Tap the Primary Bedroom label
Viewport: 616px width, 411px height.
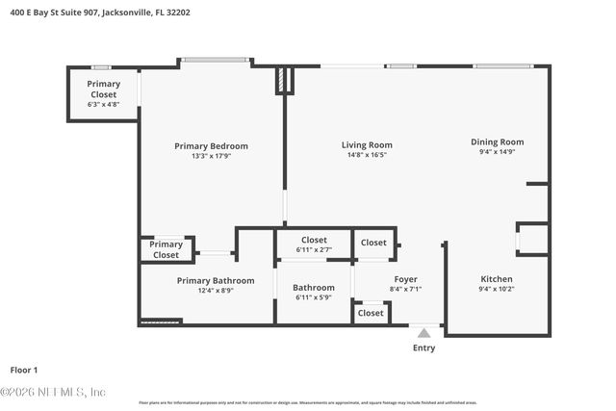(x=211, y=146)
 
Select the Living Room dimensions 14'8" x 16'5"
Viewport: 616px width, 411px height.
(x=367, y=155)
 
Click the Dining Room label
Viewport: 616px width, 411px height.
(x=498, y=142)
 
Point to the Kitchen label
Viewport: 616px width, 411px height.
(x=498, y=280)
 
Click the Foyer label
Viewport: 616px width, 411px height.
(x=405, y=280)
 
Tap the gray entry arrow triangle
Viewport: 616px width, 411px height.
(x=423, y=333)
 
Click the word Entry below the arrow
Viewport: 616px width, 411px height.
(x=423, y=348)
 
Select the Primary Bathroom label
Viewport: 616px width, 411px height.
(x=216, y=281)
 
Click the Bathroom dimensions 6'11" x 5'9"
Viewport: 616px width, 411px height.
(x=314, y=297)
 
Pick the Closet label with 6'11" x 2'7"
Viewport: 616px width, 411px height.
(x=314, y=241)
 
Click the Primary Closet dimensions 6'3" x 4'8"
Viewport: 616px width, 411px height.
(x=103, y=105)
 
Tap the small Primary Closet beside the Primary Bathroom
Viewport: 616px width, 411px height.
(x=166, y=250)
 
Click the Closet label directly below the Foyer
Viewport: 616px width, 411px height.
(x=371, y=313)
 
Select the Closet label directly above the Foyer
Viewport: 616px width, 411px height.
(x=373, y=243)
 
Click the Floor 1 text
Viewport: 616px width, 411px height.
(x=24, y=370)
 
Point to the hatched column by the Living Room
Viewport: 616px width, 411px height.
(x=281, y=80)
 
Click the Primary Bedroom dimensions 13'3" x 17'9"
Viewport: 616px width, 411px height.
(x=211, y=156)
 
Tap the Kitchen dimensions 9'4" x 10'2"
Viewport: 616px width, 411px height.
(x=498, y=290)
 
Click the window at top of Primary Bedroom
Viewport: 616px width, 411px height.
(x=216, y=61)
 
